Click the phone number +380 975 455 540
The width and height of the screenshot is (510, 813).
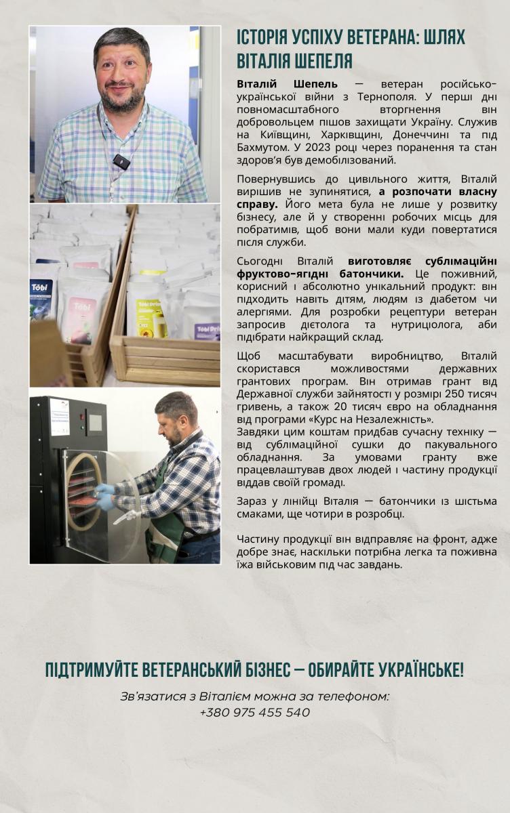click(x=255, y=713)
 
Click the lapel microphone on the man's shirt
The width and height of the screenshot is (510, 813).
click(x=121, y=162)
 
